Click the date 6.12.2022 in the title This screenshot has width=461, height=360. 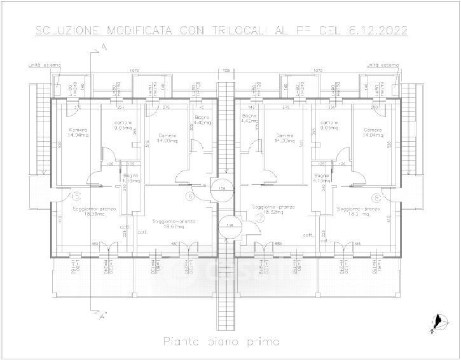(x=375, y=30)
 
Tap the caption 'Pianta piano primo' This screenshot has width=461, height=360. (x=222, y=342)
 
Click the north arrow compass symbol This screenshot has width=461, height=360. (x=436, y=324)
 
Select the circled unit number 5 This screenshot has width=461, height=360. (x=75, y=197)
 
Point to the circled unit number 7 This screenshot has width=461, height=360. (x=259, y=217)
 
